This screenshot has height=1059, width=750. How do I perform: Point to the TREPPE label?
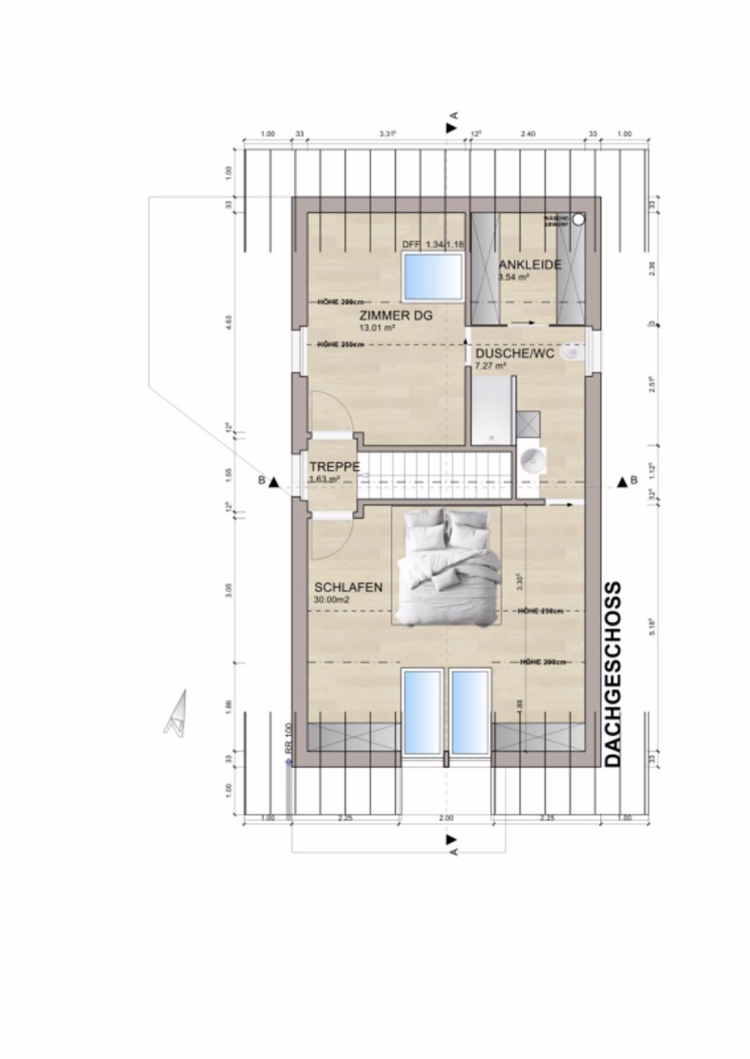(x=334, y=467)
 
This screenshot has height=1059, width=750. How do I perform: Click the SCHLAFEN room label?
(x=349, y=588)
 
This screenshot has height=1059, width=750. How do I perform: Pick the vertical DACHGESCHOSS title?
(x=613, y=674)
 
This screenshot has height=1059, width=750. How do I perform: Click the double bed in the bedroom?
(x=447, y=566)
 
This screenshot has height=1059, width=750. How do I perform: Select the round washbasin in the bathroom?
(x=532, y=459)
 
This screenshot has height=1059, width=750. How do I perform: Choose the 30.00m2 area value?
(x=333, y=600)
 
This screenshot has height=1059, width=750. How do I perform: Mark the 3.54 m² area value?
(x=514, y=277)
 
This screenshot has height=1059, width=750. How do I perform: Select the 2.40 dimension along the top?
(x=528, y=135)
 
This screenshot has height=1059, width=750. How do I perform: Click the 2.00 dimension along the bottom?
(x=445, y=818)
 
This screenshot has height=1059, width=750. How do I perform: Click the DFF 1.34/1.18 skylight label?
(x=434, y=245)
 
